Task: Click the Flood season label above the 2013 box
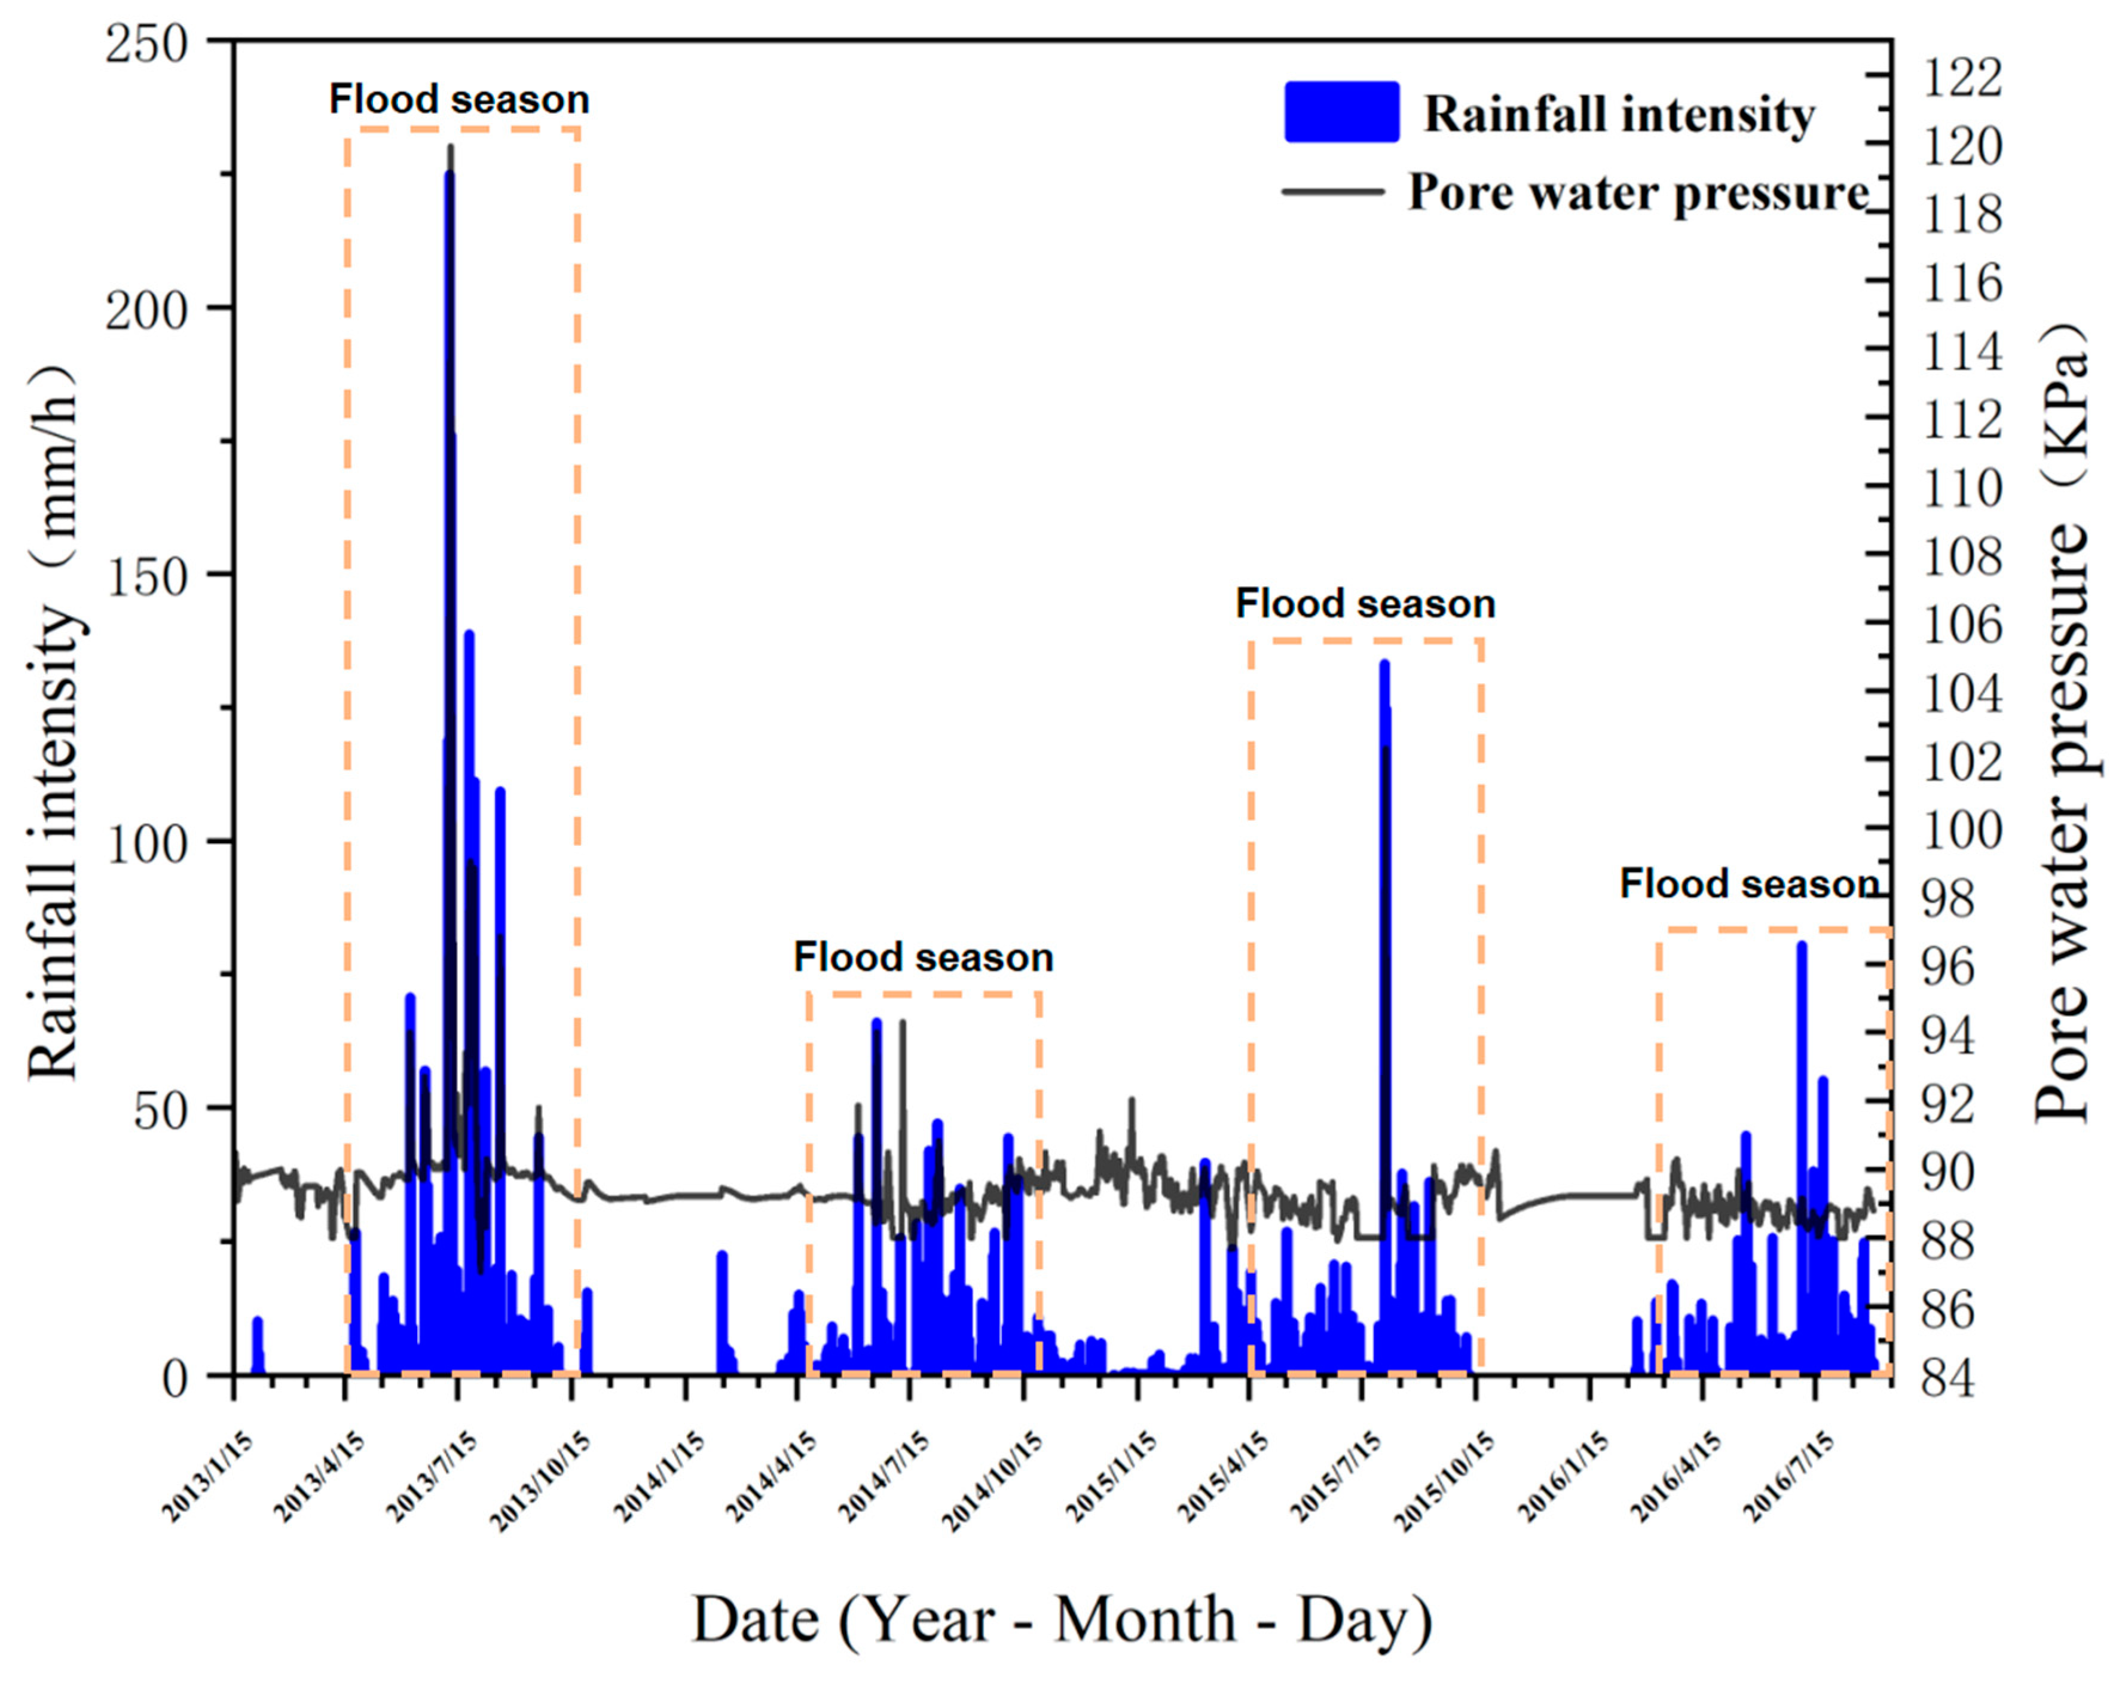pyautogui.click(x=458, y=99)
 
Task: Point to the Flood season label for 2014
pyautogui.click(x=922, y=956)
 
